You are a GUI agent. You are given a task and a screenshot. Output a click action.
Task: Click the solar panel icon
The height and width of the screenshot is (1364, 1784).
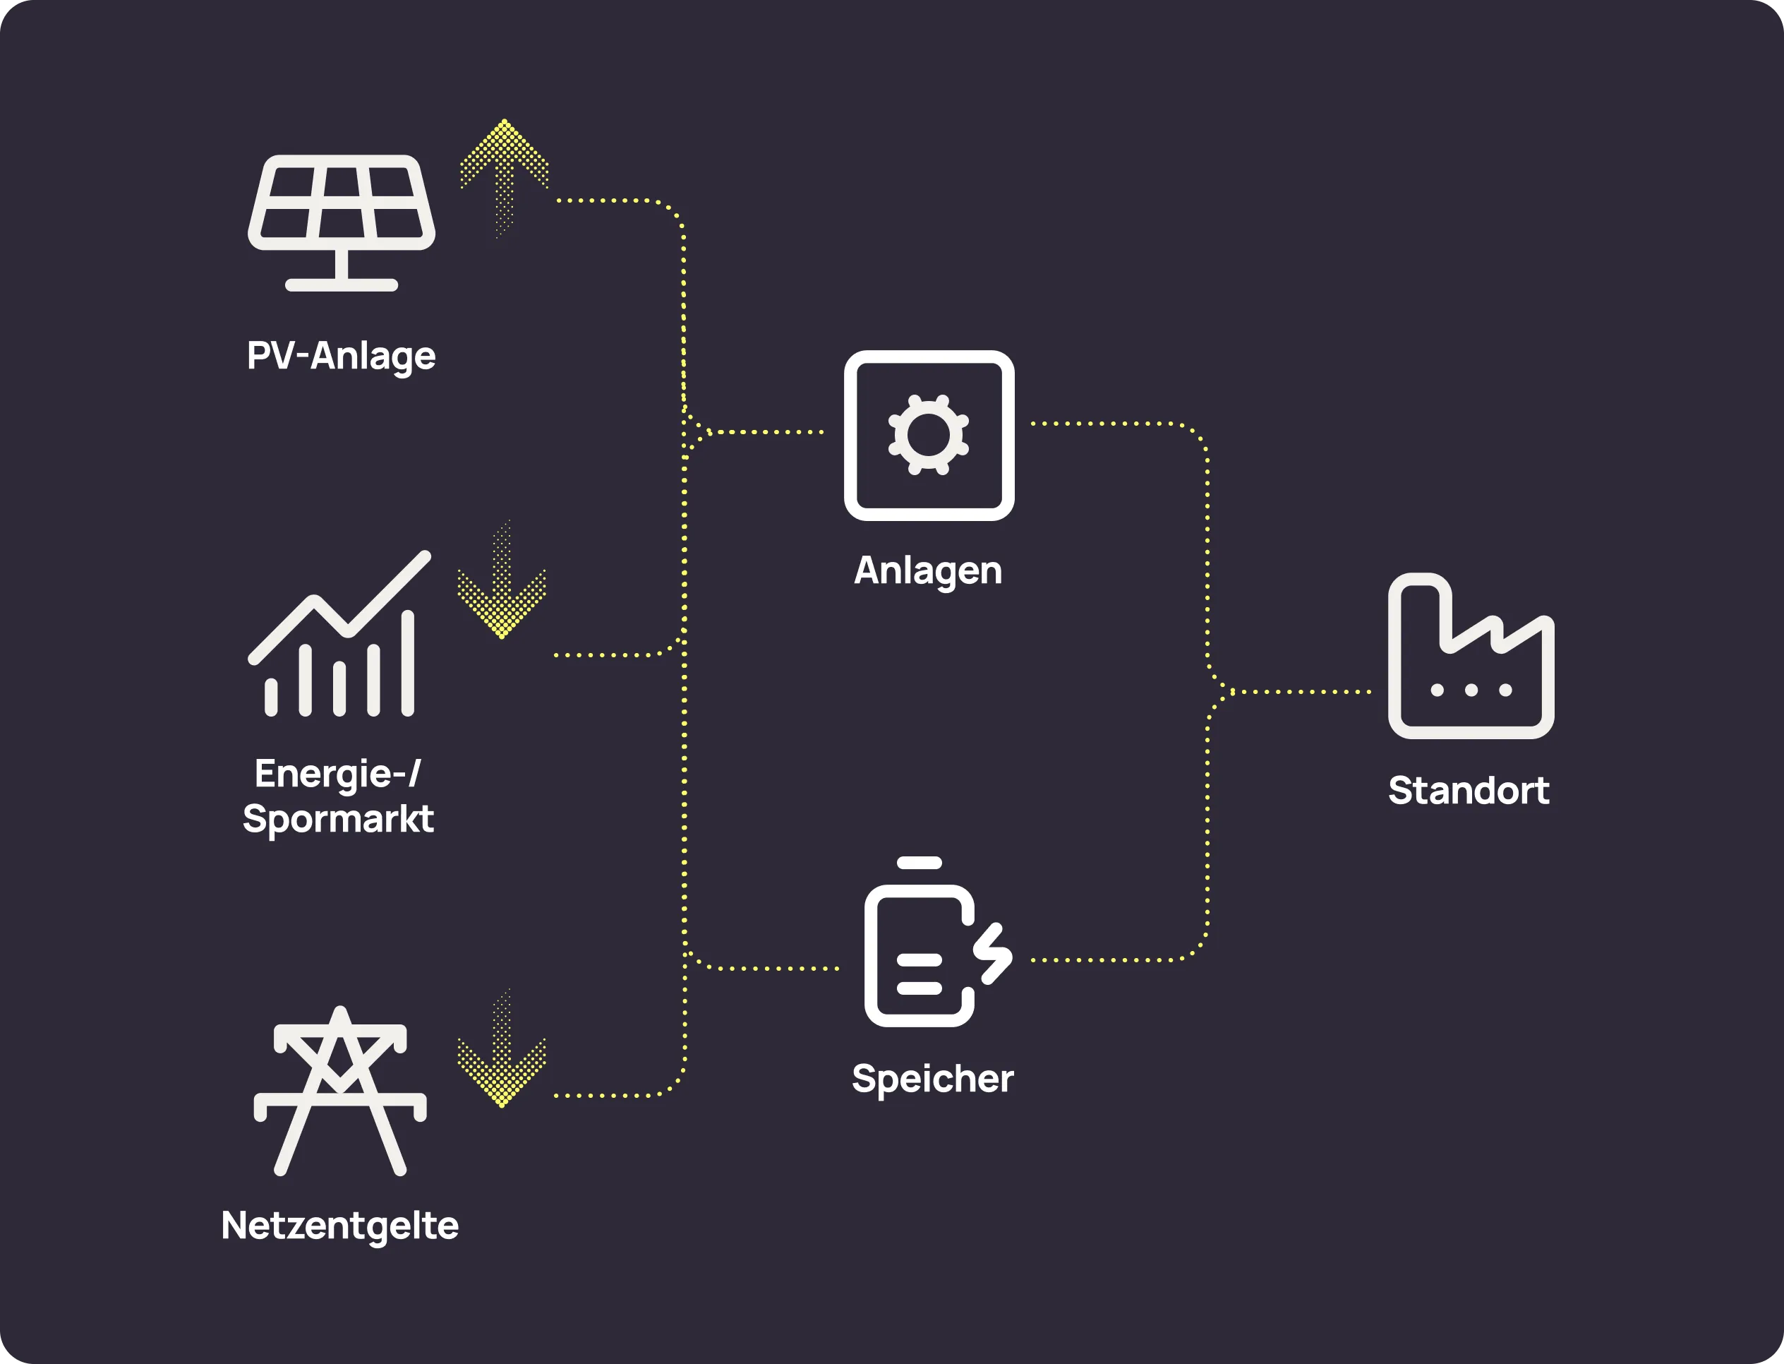[x=341, y=221]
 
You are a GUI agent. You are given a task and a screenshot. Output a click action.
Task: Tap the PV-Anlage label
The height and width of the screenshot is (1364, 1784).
[x=341, y=356]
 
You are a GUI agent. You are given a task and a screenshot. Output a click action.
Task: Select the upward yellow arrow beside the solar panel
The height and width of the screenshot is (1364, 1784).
[x=504, y=174]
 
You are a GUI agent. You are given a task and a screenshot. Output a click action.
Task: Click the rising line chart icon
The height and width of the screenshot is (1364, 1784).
[x=339, y=634]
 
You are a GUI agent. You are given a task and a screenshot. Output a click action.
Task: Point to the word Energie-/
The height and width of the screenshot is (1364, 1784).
[x=337, y=773]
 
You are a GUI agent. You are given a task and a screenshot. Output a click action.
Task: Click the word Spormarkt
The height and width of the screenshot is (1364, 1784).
[x=337, y=818]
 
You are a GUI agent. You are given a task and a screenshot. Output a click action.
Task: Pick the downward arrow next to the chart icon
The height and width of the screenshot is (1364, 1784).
[x=502, y=585]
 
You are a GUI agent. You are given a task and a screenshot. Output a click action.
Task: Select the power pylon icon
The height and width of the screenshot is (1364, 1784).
[x=340, y=1090]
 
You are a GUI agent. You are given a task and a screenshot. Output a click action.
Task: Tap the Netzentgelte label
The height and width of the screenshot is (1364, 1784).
[x=339, y=1225]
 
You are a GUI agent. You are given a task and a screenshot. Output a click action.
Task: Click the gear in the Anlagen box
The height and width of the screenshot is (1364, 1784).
[x=929, y=435]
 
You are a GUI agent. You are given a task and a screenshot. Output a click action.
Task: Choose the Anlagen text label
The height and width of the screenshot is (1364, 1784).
[x=928, y=570]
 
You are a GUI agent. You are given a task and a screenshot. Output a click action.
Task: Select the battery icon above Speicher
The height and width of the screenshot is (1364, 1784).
[x=920, y=954]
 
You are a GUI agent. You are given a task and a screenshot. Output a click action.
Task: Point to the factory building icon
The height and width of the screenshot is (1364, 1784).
[x=1471, y=658]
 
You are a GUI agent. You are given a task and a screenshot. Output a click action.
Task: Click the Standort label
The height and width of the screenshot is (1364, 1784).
[x=1469, y=791]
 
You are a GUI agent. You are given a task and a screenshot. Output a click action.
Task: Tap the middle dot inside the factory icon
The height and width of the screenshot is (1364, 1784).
[x=1471, y=690]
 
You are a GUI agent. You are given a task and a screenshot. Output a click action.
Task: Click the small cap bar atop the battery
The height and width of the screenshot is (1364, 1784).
[x=920, y=863]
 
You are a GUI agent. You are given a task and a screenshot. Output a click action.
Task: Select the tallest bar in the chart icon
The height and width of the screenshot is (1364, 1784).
[x=407, y=664]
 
